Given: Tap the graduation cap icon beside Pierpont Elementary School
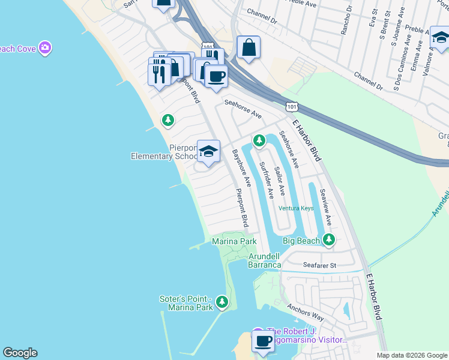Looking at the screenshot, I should [208, 151].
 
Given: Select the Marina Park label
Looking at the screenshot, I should [234, 241].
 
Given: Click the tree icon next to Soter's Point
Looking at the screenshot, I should [222, 301].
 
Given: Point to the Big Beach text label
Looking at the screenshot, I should [301, 241].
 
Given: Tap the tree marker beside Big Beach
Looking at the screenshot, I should [328, 240].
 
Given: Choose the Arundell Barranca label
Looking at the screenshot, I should [265, 260].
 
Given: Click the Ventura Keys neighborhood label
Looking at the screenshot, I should [296, 209].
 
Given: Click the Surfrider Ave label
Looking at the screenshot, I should [266, 180].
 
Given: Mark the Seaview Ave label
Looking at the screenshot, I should [325, 208].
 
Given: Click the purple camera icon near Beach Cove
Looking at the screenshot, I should [44, 47].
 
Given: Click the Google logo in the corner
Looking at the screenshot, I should [20, 353].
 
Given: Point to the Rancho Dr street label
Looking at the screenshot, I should [344, 22].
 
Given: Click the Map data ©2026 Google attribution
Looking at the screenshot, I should [411, 355].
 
